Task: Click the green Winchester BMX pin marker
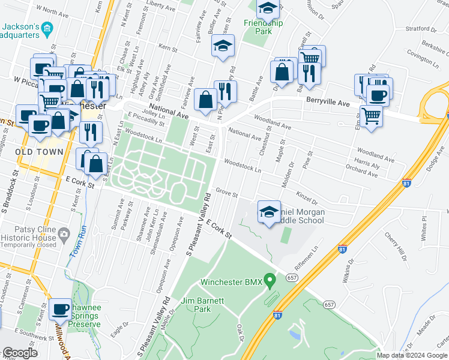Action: pyautogui.click(x=270, y=280)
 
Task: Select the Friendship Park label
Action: pyautogui.click(x=263, y=28)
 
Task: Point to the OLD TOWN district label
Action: pyautogui.click(x=40, y=152)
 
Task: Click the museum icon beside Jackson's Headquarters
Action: pyautogui.click(x=49, y=28)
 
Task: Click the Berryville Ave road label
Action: pyautogui.click(x=327, y=103)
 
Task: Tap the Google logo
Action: pyautogui.click(x=20, y=353)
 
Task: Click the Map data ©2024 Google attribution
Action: pyautogui.click(x=411, y=355)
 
